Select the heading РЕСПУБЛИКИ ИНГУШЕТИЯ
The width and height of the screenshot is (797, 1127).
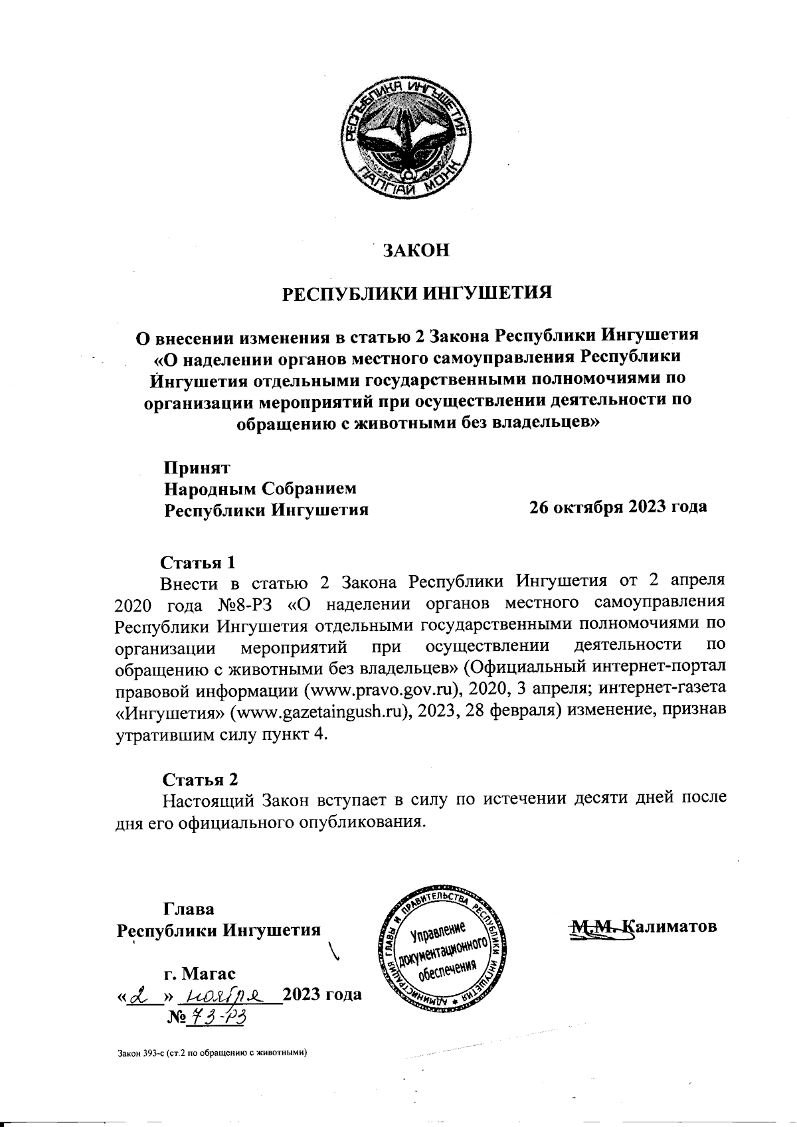coord(418,293)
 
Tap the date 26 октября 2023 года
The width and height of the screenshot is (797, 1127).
coord(617,507)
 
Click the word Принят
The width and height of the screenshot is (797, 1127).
coord(197,468)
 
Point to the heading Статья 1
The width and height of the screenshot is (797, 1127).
coord(199,563)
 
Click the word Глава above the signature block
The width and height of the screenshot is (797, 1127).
coord(189,909)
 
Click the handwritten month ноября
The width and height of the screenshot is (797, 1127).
coord(224,995)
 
